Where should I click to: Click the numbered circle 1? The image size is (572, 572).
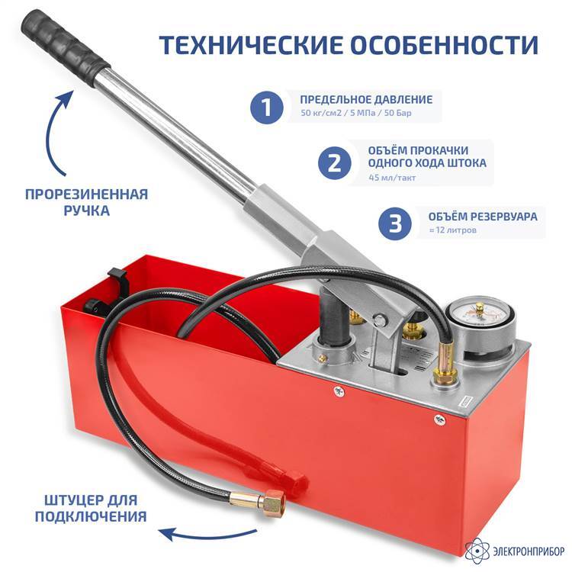tap(267, 108)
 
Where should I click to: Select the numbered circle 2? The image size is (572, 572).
tap(335, 163)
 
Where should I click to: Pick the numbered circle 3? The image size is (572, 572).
tap(395, 223)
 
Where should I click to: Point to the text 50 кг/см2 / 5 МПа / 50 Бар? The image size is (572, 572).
tap(356, 113)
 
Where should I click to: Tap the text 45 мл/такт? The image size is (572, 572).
tap(392, 178)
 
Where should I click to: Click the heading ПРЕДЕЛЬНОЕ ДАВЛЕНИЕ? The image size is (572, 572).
tap(366, 99)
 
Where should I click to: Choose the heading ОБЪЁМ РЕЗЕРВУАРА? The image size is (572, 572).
tap(483, 217)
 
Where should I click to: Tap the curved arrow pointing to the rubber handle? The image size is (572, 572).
tap(50, 131)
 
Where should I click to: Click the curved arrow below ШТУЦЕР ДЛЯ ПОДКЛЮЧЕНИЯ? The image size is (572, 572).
tap(210, 535)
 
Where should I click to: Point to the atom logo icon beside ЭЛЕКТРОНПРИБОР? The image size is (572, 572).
tap(478, 550)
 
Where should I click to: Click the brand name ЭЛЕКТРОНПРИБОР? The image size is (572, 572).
tap(529, 551)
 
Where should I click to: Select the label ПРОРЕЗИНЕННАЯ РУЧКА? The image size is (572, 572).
tap(86, 202)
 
